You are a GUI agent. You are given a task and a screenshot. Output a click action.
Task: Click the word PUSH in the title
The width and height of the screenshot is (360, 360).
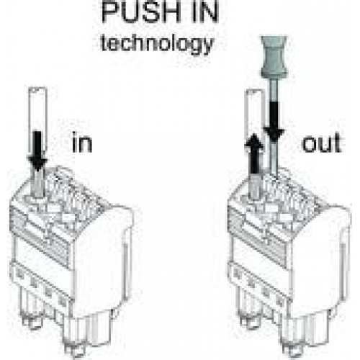coord(141,12)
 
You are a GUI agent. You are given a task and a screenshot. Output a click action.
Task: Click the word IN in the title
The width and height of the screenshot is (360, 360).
coord(205,12)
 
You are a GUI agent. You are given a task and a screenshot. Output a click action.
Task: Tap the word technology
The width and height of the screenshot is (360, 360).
coord(157,44)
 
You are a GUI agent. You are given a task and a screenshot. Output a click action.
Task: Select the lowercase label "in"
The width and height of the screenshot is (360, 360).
coord(82,143)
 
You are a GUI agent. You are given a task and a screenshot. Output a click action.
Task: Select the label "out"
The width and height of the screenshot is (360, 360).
coord(322,143)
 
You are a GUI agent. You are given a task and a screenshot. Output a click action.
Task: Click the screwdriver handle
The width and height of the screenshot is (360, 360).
coord(274,57)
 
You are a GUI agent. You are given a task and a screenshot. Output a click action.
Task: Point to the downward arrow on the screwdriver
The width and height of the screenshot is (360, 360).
coord(274,121)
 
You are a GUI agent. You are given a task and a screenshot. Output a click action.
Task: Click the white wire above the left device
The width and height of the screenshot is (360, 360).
coord(37,121)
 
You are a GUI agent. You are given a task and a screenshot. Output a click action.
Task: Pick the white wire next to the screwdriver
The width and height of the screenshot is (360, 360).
coord(254,120)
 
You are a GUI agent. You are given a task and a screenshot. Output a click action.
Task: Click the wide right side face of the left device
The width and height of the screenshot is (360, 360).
coord(103,261)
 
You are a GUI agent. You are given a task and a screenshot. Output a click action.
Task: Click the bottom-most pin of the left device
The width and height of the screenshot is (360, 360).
coord(74,351)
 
